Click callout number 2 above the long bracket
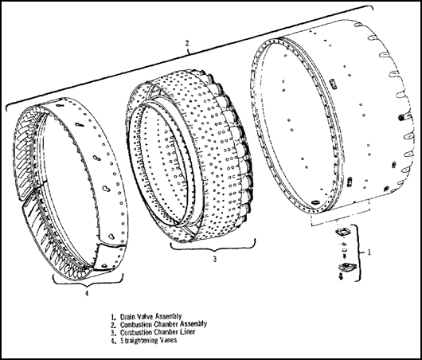(x=187, y=43)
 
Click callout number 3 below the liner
(x=215, y=259)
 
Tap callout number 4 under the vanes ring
(x=87, y=293)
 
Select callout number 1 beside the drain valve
(x=369, y=252)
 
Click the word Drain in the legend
(x=127, y=316)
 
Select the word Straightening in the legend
(x=139, y=340)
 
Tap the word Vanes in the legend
(x=169, y=340)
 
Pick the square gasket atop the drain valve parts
(x=342, y=232)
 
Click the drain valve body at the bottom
(x=347, y=268)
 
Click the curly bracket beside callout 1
(x=360, y=252)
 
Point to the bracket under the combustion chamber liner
(x=213, y=247)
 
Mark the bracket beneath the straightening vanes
(x=88, y=281)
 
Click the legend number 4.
(x=113, y=340)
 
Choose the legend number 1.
(x=113, y=316)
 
